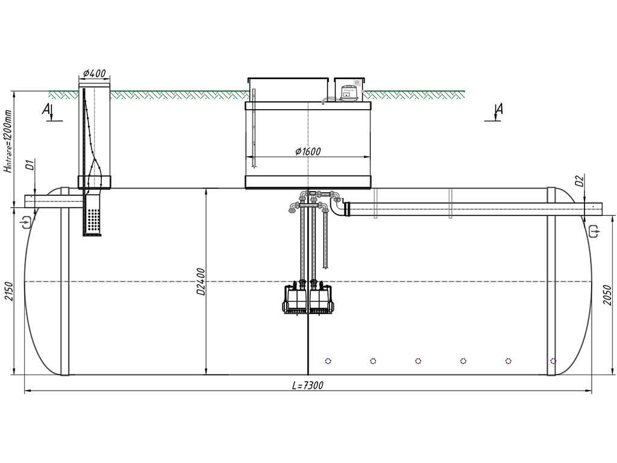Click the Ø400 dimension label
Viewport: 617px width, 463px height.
(95, 73)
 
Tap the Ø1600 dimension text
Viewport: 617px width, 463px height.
(308, 151)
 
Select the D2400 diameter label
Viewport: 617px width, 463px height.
(201, 282)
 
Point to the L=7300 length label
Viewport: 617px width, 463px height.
(308, 385)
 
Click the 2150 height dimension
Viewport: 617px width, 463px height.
(8, 291)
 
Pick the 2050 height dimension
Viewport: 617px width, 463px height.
(607, 294)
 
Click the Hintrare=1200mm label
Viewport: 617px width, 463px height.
(8, 141)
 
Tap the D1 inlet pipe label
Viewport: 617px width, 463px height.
(30, 165)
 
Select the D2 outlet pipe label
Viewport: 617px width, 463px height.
(578, 181)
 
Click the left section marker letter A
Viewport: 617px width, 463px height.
(46, 109)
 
